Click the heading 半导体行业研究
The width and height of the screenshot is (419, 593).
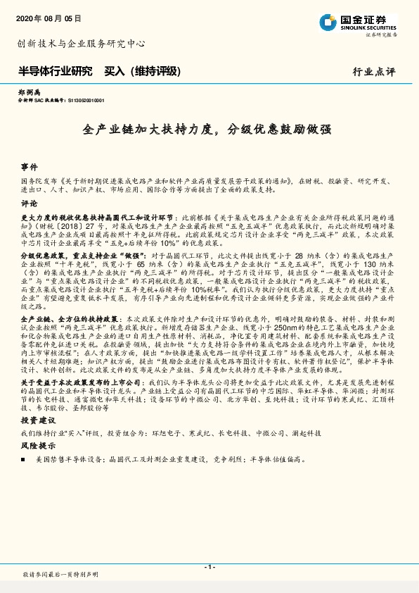(x=55, y=71)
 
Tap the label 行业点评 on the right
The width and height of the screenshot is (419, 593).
(x=373, y=72)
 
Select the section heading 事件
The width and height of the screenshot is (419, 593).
(x=29, y=168)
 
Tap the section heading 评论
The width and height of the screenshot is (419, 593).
(x=29, y=203)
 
